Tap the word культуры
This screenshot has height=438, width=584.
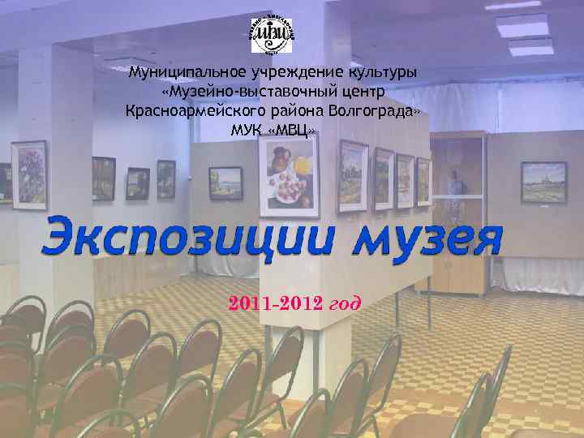click(381, 72)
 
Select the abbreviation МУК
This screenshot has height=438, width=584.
click(248, 130)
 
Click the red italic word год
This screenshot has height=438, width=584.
click(346, 304)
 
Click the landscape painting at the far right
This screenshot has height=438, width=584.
click(543, 181)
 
